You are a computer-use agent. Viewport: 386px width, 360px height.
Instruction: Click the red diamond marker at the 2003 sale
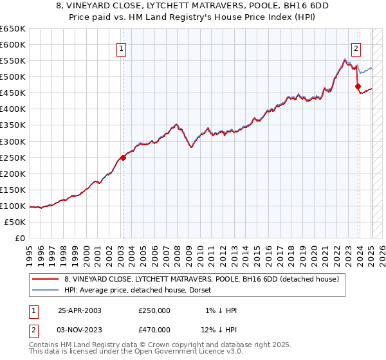[123, 157]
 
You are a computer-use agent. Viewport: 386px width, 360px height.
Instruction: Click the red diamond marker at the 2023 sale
[358, 86]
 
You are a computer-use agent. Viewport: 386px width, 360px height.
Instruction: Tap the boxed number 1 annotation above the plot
[122, 47]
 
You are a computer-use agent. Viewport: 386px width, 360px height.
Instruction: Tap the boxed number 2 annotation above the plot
[356, 47]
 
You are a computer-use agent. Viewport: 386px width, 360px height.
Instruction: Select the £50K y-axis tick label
[15, 222]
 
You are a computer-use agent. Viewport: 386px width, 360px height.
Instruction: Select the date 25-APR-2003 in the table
[80, 310]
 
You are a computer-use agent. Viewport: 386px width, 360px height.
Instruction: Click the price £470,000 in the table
[154, 329]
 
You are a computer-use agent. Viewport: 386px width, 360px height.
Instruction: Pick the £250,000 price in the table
[154, 310]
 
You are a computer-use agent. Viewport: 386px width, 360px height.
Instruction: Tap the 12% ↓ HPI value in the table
[219, 329]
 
